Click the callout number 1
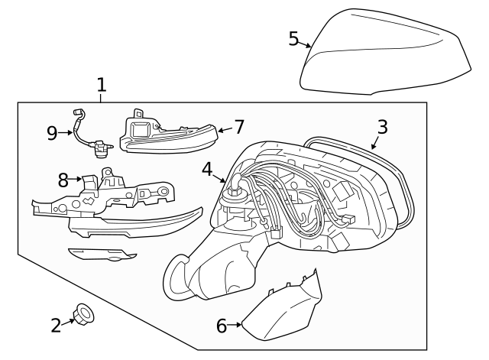coord(102,84)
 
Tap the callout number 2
coord(56,326)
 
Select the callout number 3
coord(382,127)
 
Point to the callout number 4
coord(208,169)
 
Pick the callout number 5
coord(293,38)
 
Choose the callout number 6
coord(222,326)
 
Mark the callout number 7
coord(238,126)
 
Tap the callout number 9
coord(53,133)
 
